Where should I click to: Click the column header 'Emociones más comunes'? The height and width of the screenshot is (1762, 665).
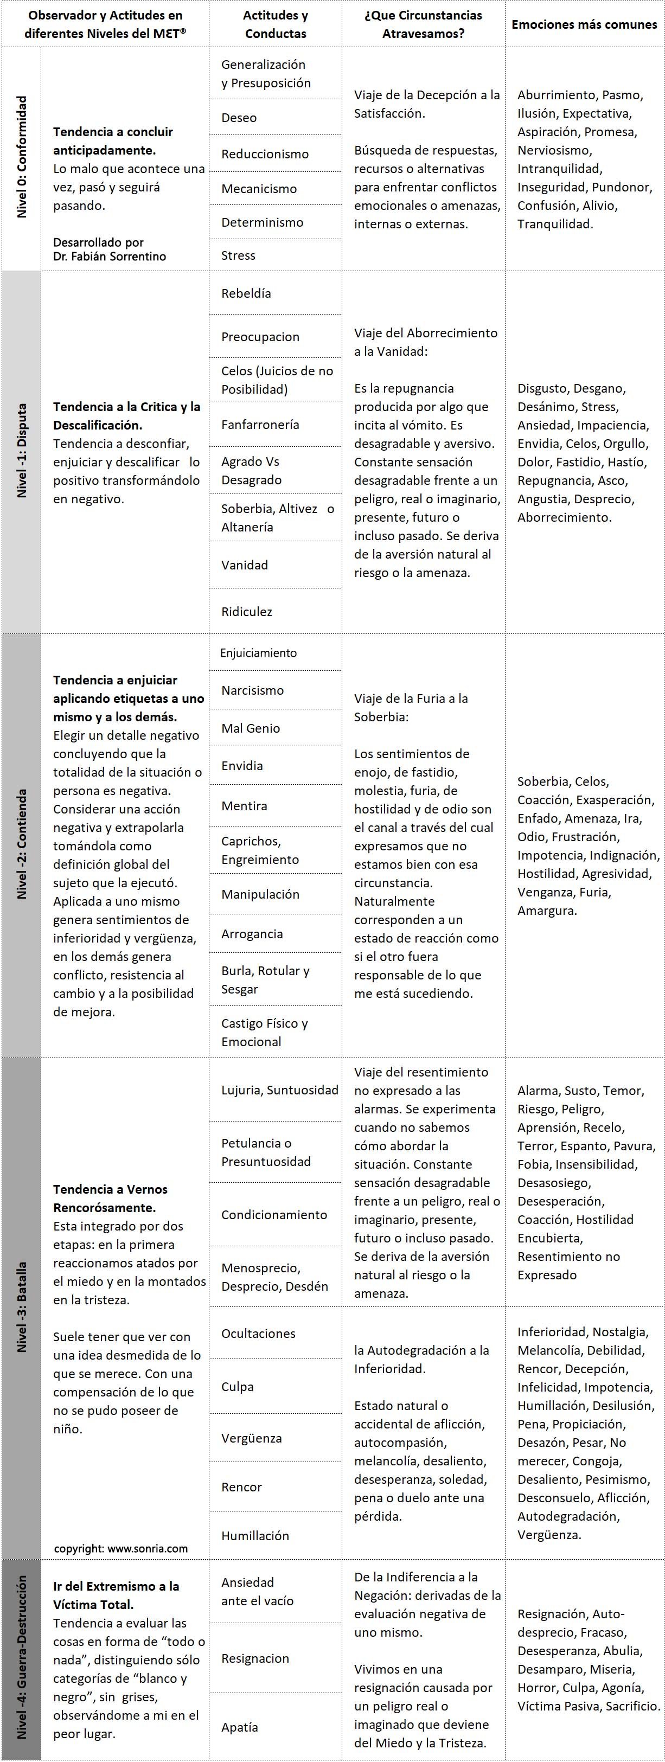tap(584, 24)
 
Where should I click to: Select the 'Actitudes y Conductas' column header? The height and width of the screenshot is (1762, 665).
tap(275, 24)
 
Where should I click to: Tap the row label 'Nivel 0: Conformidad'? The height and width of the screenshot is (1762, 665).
tap(22, 157)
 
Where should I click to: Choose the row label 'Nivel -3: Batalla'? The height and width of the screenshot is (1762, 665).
tap(22, 1306)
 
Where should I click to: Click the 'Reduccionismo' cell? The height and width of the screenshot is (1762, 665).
tap(265, 154)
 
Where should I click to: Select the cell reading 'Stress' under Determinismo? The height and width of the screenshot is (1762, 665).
tap(238, 255)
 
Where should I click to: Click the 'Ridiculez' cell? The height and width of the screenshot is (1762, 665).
tap(246, 612)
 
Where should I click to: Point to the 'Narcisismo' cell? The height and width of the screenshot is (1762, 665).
tap(252, 690)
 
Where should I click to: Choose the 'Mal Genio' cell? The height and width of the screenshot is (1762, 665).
tap(251, 728)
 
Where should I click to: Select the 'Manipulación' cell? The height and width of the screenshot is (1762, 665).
tap(260, 894)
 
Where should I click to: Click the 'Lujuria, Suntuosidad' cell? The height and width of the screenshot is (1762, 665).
tap(279, 1090)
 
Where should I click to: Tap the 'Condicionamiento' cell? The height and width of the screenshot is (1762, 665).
tap(274, 1214)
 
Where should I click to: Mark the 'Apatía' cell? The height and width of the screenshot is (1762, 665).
tap(239, 1726)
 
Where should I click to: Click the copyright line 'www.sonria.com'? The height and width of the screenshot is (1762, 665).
tap(120, 1548)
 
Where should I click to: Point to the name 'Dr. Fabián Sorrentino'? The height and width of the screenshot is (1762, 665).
tap(110, 257)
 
